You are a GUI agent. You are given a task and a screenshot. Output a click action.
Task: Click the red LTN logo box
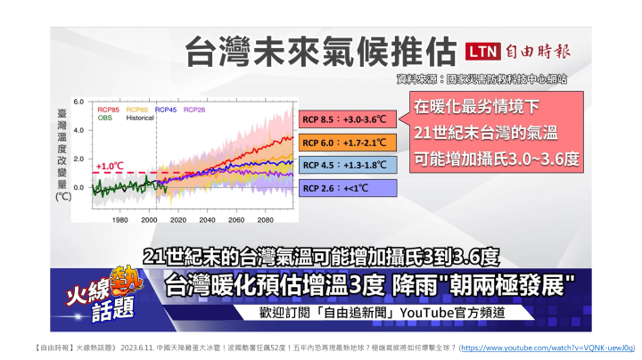(x=482, y=52)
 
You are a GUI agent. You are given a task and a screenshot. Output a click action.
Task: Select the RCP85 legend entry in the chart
(x=109, y=110)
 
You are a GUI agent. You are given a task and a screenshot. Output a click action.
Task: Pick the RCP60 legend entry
(x=136, y=110)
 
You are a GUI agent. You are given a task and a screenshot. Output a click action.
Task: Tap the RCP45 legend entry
(x=166, y=110)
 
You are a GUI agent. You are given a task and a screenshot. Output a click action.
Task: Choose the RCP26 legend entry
(x=194, y=110)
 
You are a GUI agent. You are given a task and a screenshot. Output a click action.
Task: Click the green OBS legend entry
(x=105, y=118)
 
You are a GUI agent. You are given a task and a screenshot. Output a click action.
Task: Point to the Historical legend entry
(x=140, y=118)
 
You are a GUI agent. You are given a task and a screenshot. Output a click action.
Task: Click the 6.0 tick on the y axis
(x=78, y=102)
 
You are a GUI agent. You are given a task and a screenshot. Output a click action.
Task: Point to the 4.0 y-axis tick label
(x=78, y=130)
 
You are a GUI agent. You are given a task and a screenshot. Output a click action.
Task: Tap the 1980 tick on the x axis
(x=120, y=220)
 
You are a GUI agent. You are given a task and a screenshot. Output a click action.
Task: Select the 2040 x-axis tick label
(x=207, y=220)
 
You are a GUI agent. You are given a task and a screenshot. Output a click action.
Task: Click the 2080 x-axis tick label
(x=266, y=220)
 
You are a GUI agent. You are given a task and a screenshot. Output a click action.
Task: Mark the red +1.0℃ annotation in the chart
(x=110, y=166)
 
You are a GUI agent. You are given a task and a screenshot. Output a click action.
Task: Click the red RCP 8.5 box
(x=348, y=119)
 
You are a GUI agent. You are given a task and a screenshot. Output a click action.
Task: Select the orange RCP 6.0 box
(x=348, y=143)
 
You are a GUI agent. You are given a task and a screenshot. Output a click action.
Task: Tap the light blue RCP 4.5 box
(x=348, y=165)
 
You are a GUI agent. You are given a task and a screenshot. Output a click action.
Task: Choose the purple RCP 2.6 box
(x=348, y=188)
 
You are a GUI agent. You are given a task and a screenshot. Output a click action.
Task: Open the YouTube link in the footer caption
(x=547, y=348)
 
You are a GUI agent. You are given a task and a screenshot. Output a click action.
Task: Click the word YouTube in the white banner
(x=426, y=313)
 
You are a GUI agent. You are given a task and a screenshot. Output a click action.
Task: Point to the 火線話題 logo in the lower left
(x=104, y=295)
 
